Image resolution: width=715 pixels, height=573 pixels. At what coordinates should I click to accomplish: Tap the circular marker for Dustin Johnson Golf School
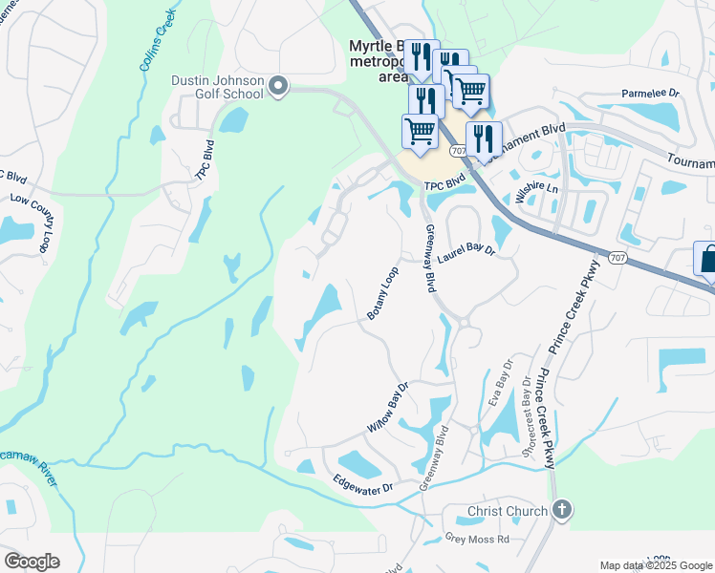(x=278, y=88)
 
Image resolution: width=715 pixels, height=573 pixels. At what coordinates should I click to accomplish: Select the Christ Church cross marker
(x=562, y=510)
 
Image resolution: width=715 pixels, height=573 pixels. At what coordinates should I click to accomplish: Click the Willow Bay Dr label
(x=388, y=406)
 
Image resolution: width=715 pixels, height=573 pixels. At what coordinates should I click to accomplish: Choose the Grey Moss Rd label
(x=478, y=539)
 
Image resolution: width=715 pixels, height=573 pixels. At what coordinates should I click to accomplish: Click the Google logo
(x=32, y=562)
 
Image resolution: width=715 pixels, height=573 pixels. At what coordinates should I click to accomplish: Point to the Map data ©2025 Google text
(x=655, y=565)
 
